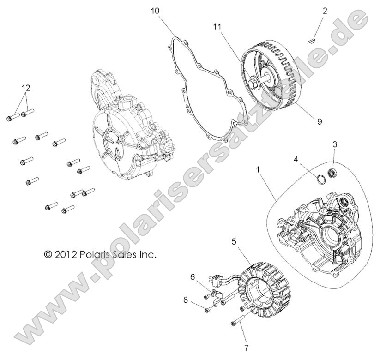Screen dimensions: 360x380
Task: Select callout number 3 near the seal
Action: [x=335, y=144]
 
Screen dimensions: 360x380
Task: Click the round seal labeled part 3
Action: [x=332, y=174]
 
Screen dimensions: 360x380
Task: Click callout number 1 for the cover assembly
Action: [x=258, y=170]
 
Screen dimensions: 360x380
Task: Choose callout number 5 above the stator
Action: [x=234, y=240]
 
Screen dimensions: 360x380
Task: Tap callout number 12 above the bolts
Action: [x=25, y=87]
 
